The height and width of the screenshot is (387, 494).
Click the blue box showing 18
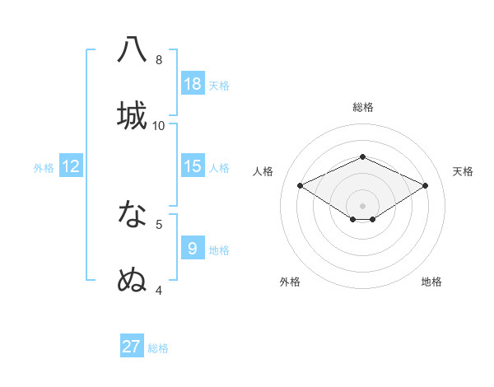click(x=193, y=84)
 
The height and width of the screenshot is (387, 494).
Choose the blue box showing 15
click(x=193, y=166)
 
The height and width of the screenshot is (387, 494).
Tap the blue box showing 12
click(x=71, y=166)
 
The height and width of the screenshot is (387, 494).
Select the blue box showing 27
click(x=132, y=347)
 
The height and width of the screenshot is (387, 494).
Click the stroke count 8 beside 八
click(x=159, y=60)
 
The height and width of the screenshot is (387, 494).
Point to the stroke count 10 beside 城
click(x=159, y=125)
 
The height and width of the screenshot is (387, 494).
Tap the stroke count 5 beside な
click(x=159, y=223)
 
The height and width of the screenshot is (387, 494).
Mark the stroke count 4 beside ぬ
click(x=159, y=290)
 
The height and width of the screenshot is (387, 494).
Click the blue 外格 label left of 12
click(x=44, y=168)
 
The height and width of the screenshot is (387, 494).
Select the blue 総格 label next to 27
click(x=158, y=348)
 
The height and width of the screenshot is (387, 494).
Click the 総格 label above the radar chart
click(x=362, y=107)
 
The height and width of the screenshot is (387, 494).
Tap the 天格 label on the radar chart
click(x=463, y=171)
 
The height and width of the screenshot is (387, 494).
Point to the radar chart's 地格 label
click(x=431, y=282)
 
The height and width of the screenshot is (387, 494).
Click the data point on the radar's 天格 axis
click(x=425, y=186)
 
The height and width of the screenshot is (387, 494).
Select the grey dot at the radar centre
click(x=362, y=205)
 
